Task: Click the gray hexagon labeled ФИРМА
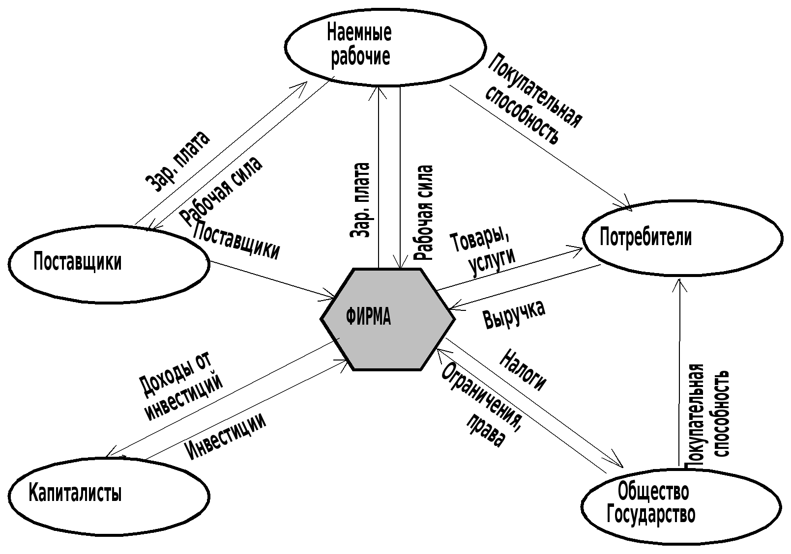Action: pyautogui.click(x=387, y=319)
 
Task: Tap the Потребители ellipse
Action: pyautogui.click(x=682, y=238)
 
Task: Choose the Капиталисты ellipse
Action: pyautogui.click(x=109, y=496)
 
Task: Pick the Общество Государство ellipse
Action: pyautogui.click(x=681, y=506)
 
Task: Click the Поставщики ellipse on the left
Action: pyautogui.click(x=109, y=264)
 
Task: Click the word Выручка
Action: pyautogui.click(x=514, y=313)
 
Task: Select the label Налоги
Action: pyautogui.click(x=523, y=370)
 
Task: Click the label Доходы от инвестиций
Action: pyautogui.click(x=180, y=387)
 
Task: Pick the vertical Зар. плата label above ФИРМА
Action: pyautogui.click(x=360, y=200)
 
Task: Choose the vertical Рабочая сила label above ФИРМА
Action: pyautogui.click(x=424, y=212)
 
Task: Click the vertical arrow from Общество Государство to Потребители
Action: pyautogui.click(x=679, y=373)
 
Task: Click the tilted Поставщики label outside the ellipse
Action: pyautogui.click(x=237, y=240)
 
